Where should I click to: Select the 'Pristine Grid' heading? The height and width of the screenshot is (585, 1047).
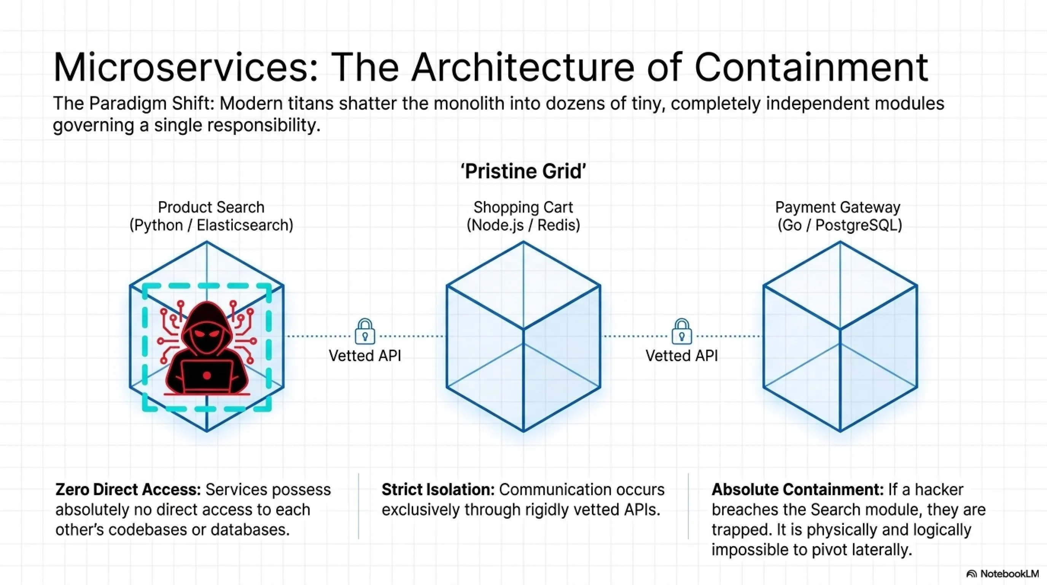click(x=523, y=171)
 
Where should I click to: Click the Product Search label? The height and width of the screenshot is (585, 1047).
click(x=211, y=207)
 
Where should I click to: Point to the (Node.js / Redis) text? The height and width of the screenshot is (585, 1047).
click(x=523, y=225)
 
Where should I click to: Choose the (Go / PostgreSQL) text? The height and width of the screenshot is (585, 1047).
click(x=840, y=225)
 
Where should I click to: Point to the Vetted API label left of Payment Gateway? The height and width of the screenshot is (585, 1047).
click(x=682, y=356)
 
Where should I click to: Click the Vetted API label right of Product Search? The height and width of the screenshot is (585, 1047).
click(x=365, y=356)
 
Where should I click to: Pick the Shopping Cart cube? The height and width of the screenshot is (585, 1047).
click(x=523, y=336)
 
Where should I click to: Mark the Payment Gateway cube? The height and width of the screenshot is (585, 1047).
click(x=840, y=336)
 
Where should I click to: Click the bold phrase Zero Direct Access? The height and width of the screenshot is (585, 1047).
click(x=129, y=489)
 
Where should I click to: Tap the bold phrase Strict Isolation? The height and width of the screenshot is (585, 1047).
click(x=438, y=489)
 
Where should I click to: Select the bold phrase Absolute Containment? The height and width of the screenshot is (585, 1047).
click(x=798, y=489)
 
